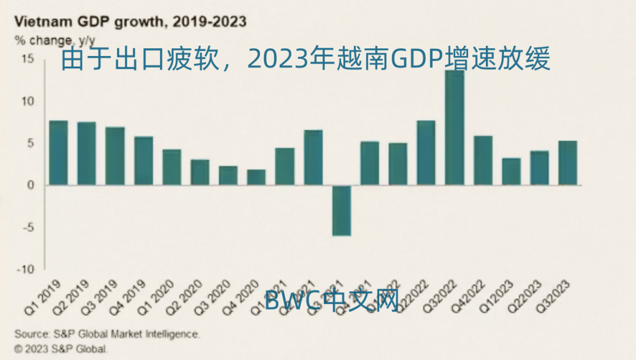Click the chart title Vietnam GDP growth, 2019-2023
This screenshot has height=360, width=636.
point(130,22)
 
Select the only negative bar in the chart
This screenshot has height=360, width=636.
point(342,210)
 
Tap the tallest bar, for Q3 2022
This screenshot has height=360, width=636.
point(455,127)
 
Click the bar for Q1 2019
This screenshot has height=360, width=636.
point(58,153)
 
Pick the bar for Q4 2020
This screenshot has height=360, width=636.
point(256,177)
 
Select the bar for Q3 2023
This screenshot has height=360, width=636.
point(568,163)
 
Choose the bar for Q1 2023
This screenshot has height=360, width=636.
point(511,171)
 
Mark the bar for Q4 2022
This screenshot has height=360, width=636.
point(483,160)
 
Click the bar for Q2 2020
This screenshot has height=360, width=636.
point(200,172)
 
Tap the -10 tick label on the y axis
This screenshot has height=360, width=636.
point(27,269)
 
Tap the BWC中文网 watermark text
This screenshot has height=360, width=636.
point(332,300)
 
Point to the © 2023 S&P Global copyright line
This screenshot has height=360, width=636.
point(61,348)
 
